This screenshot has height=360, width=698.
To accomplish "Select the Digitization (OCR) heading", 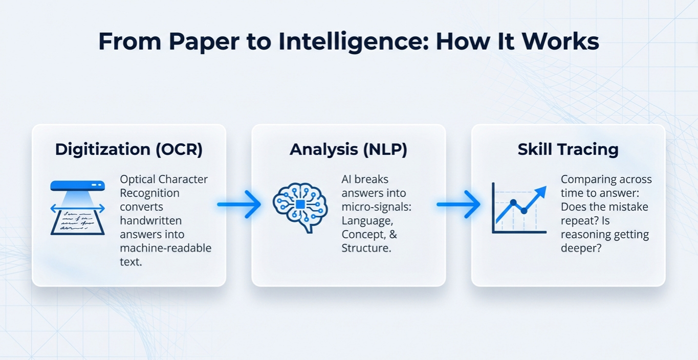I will point(129,149).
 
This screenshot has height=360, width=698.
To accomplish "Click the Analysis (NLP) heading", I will point(348,149).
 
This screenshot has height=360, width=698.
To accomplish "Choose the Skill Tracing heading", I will point(568,149).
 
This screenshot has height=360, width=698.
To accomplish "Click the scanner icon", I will point(78,207).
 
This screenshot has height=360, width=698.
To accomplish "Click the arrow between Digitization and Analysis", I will point(239,205).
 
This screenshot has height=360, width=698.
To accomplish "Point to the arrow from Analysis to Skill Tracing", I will point(459,205).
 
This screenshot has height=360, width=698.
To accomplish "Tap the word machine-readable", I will point(165,249).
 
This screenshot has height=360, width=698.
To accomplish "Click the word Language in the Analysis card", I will point(367,221).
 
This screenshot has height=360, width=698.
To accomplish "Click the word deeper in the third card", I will point(581,249).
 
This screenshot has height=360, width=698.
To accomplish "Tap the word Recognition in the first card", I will point(149,193).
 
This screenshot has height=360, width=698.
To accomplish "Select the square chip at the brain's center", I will point(300,205).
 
